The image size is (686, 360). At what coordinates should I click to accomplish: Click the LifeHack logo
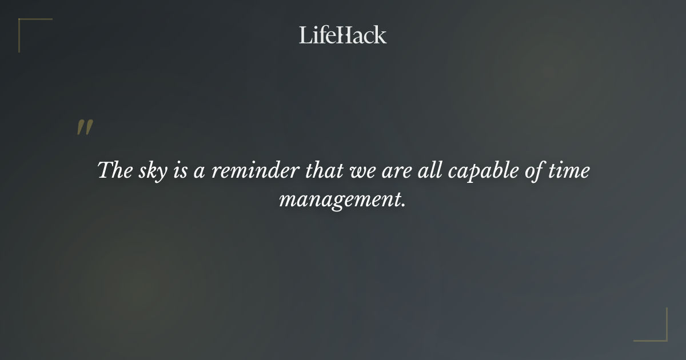click(x=343, y=35)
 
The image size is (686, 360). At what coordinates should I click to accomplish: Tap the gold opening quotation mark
click(x=85, y=128)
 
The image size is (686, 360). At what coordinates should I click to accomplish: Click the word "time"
click(x=569, y=171)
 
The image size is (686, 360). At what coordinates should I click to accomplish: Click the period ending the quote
click(x=404, y=205)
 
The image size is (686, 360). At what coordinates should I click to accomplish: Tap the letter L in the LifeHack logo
click(x=305, y=35)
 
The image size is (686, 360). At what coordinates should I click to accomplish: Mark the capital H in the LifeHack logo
click(x=343, y=35)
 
